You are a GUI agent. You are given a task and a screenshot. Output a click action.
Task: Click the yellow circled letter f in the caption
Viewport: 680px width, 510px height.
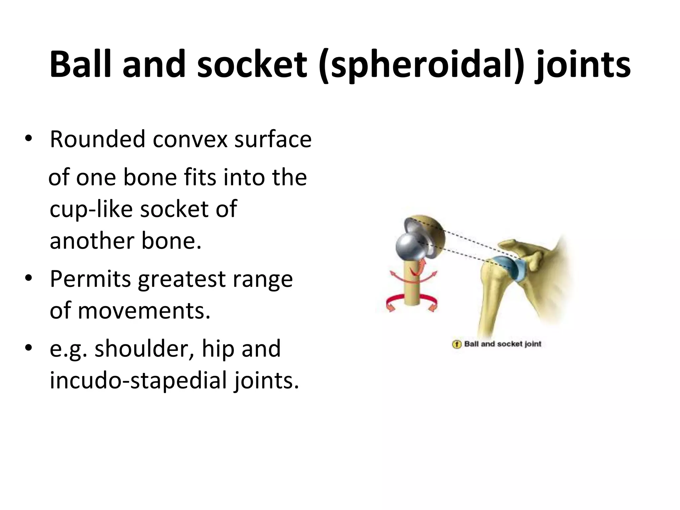point(457,344)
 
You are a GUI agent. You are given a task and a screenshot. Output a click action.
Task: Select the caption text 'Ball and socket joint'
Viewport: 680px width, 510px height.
point(503,344)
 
